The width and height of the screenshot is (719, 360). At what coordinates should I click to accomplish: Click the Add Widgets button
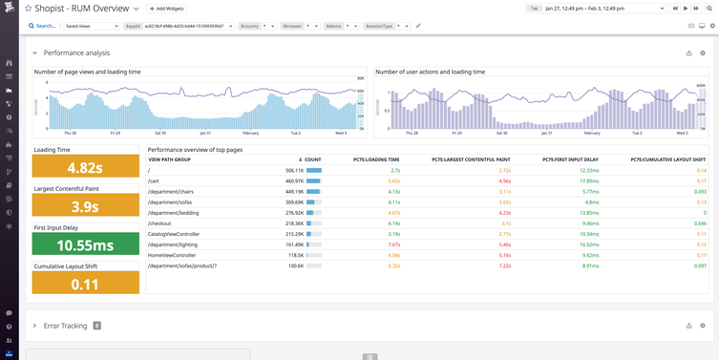pos(171,8)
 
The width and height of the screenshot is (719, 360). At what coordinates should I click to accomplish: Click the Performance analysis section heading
pos(76,53)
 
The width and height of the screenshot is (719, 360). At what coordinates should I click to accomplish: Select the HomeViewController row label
pos(173,255)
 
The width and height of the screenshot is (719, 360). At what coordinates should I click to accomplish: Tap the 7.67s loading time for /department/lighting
pos(394,244)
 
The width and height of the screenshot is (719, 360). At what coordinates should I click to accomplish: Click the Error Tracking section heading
pos(66,326)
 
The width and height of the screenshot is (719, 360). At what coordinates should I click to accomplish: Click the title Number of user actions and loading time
pos(430,72)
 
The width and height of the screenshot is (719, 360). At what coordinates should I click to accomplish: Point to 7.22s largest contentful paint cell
pos(505,266)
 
